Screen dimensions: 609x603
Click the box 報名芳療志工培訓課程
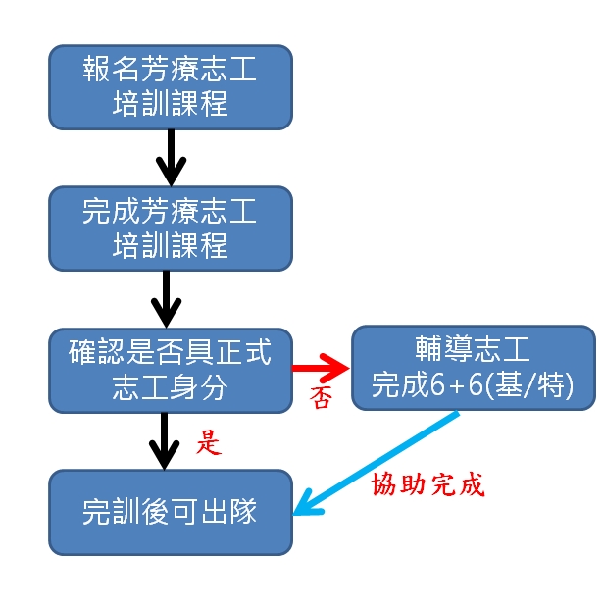[x=171, y=86]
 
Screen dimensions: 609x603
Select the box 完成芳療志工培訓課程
[x=171, y=228]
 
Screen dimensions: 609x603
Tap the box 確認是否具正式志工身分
[x=171, y=370]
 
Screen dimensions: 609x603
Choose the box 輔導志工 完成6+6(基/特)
[x=473, y=367]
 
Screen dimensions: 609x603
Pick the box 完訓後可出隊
[x=171, y=511]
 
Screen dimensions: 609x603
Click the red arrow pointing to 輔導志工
[x=322, y=368]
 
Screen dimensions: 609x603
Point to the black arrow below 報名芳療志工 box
[x=171, y=157]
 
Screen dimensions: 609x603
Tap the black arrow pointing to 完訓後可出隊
[x=166, y=440]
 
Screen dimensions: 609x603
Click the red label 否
[x=321, y=397]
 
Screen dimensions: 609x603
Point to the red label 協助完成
[x=428, y=484]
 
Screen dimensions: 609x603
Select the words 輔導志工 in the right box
[x=473, y=350]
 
